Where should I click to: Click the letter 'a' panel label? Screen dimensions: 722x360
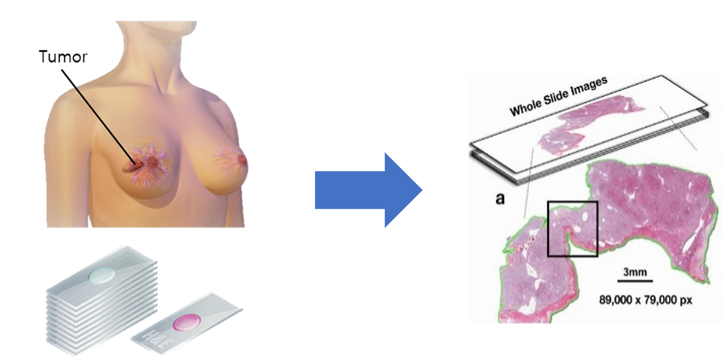coord(500,199)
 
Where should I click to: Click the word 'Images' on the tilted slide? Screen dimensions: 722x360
coord(588,88)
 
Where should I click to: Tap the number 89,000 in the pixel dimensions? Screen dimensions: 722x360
coord(617,299)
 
